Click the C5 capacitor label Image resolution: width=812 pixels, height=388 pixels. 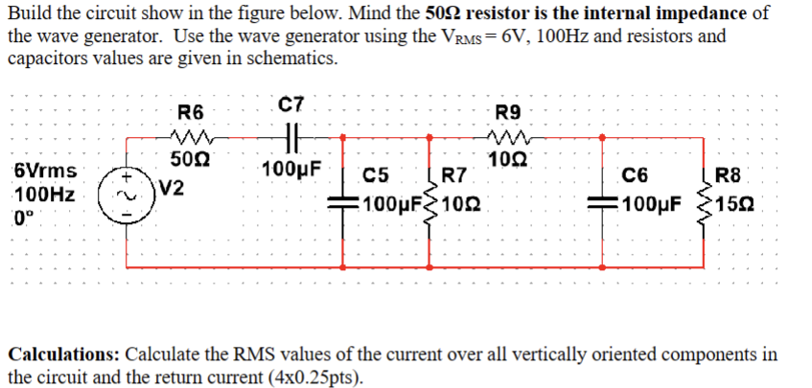click(376, 176)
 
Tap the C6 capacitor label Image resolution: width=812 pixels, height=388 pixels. click(635, 176)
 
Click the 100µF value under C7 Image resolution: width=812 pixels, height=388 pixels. click(290, 171)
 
